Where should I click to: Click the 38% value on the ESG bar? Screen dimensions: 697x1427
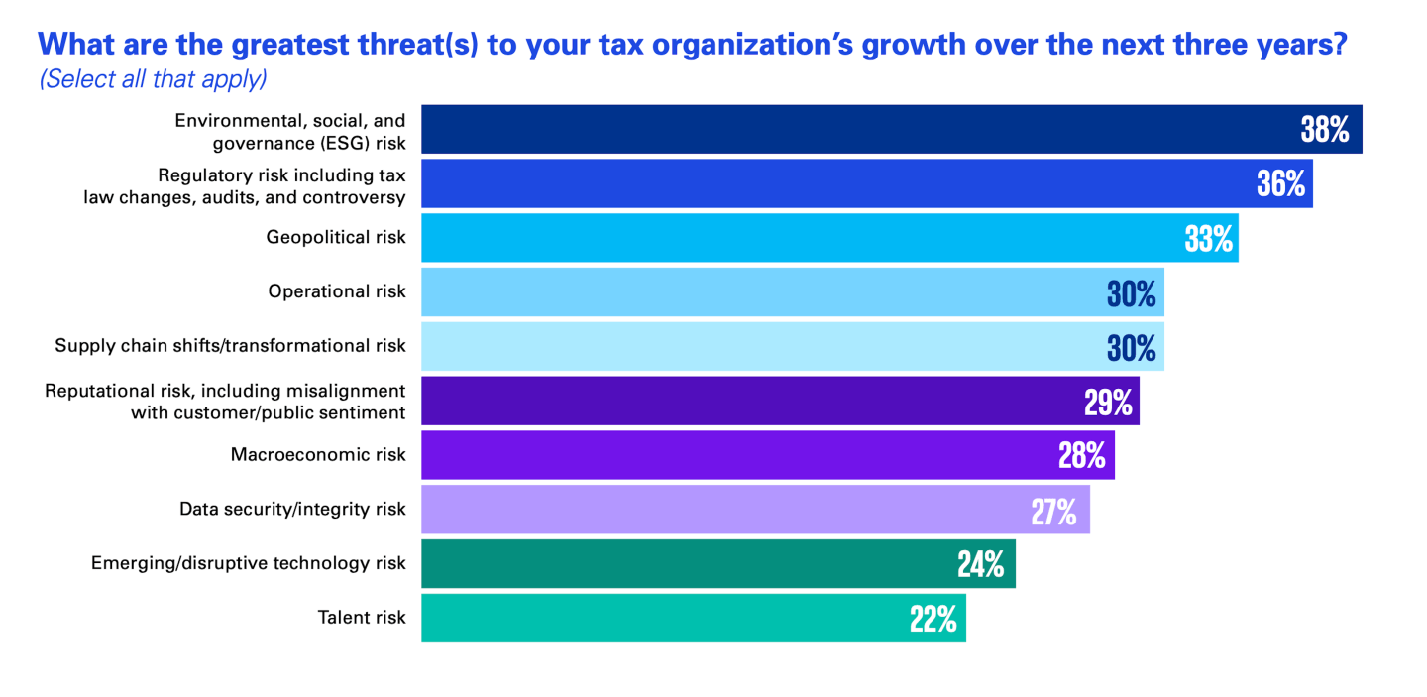point(1325,130)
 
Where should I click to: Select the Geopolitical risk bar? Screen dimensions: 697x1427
point(828,238)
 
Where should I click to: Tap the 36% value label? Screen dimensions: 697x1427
point(1281,183)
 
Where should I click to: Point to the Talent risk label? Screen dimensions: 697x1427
point(362,618)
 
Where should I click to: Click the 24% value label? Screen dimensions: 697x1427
point(980,564)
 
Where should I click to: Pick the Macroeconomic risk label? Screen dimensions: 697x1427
point(318,455)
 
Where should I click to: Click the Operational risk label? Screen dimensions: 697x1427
point(337,291)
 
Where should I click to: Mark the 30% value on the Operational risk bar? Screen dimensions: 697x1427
point(1131,292)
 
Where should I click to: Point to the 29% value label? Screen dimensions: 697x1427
point(1108,402)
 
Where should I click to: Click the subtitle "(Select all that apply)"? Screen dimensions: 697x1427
point(153,79)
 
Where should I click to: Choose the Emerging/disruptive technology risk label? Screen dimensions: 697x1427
point(249,563)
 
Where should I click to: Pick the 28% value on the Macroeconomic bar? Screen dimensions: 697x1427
point(1081,455)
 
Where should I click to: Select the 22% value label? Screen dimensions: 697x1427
point(933,619)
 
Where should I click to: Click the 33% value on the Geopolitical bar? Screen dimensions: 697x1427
point(1208,238)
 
